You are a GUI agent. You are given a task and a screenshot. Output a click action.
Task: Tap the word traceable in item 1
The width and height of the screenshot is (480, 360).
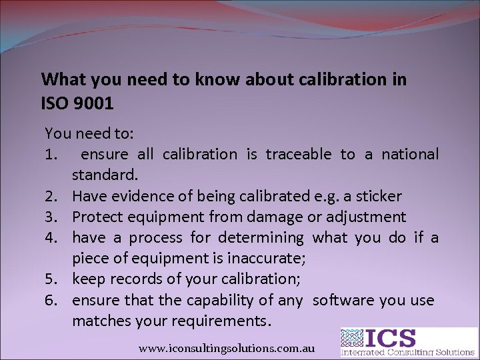pos(299,155)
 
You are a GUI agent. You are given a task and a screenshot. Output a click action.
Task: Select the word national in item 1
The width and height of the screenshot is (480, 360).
pos(410,155)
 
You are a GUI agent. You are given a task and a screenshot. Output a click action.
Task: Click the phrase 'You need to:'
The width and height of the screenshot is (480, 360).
pos(89,133)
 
